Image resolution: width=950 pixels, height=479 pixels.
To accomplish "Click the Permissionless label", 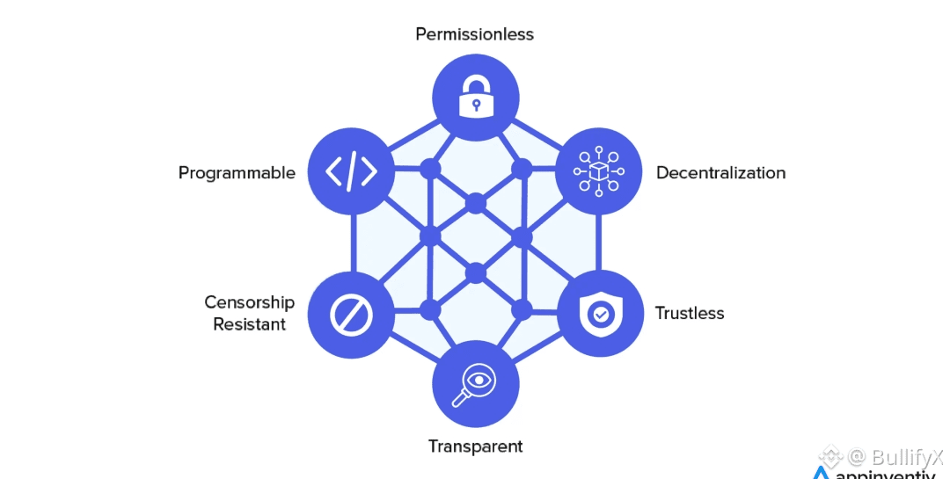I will coord(475,34).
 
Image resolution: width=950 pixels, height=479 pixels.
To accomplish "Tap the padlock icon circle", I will coord(476,96).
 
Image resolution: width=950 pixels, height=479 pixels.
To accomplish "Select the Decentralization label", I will coord(720,172).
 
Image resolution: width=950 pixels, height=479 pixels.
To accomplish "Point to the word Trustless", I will coord(690,313).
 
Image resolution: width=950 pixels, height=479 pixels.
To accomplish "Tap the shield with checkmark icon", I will coord(600,313).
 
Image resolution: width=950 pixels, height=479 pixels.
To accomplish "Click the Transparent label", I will coord(475,446).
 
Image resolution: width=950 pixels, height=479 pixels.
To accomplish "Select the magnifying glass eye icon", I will coord(475,384).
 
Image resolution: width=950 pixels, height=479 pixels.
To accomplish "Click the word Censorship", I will coord(249,302).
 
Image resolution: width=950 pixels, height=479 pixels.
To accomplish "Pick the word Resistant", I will coord(249,324).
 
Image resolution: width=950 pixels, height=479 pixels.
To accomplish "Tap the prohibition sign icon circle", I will coord(352,315).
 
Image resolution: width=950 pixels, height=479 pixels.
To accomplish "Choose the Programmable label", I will coord(237,172).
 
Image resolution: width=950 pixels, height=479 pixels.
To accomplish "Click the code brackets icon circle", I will coord(352,171).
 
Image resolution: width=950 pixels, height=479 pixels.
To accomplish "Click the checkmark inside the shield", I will coord(600,313).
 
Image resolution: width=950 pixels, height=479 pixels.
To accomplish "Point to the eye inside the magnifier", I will coord(479,380).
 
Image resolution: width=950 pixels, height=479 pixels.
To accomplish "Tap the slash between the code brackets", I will coord(352,171).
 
